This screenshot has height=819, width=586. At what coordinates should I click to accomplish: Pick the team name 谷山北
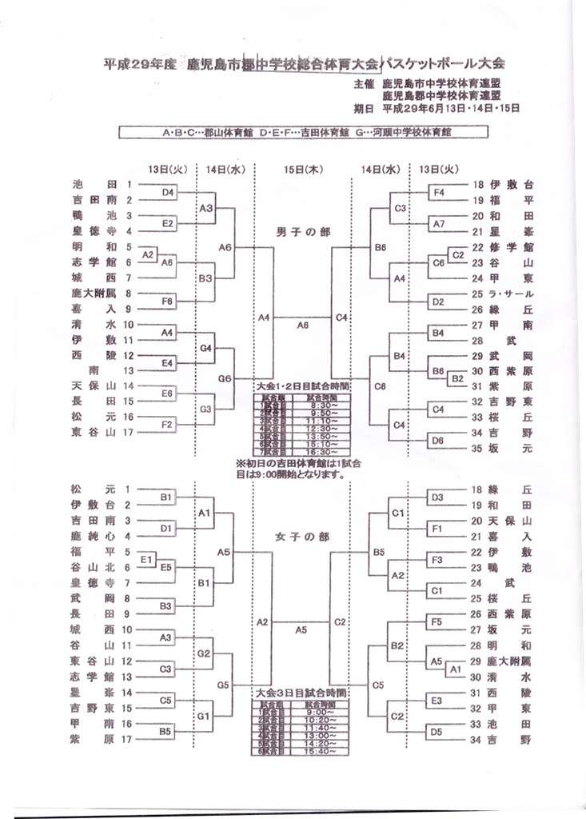pos(93,566)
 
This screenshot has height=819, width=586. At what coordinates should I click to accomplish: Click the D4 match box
pos(168,193)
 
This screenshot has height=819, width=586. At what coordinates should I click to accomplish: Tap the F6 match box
pos(168,302)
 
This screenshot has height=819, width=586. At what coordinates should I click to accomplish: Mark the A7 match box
pos(438,224)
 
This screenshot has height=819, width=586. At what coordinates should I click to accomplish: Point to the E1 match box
pos(147,559)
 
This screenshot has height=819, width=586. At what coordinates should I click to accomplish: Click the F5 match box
pos(437,621)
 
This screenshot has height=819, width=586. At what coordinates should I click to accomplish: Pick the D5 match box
pos(437,730)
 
